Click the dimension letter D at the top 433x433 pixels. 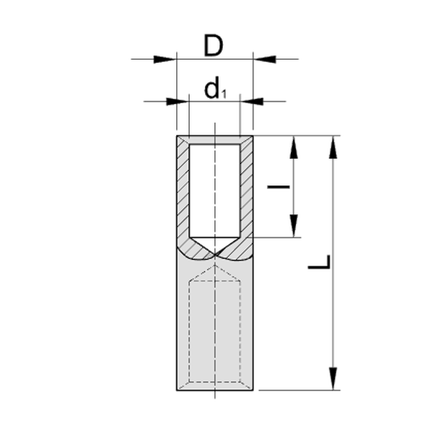coord(213,46)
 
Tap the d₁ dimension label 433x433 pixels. coord(215,88)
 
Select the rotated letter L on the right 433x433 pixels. coord(319,262)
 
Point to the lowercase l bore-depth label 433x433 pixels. coord(279,187)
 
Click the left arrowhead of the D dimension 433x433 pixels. coord(165,59)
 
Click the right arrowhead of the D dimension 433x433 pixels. coord(265,59)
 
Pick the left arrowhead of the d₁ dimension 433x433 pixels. coord(178,101)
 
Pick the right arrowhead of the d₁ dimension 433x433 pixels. coord(252,101)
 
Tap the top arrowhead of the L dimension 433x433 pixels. coord(333,147)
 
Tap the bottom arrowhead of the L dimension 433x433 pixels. coord(333,379)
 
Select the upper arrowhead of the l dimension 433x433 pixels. coord(294,147)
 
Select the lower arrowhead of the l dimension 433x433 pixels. coord(294,226)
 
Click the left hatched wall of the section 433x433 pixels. coord(183,193)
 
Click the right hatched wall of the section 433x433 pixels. coord(247,193)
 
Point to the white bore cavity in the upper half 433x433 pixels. coord(214,191)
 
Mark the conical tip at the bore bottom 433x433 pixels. coord(214,246)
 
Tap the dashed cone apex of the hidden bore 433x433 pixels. coord(215,265)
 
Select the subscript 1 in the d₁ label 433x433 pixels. coord(224,95)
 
